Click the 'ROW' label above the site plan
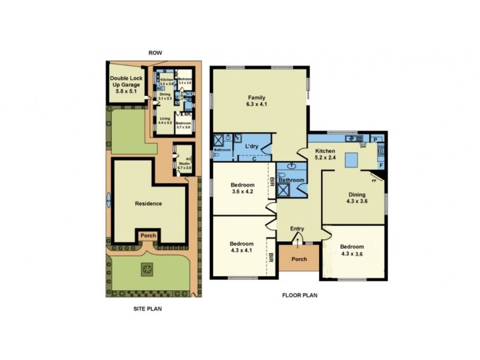155,53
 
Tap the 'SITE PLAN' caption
147,309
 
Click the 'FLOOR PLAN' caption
299,295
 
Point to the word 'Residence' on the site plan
148,203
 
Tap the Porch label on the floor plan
299,259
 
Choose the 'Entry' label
298,229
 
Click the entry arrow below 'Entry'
298,239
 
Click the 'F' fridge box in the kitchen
380,164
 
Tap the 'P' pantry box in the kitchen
376,139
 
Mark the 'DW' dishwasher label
363,146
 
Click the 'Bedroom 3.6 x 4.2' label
243,188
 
